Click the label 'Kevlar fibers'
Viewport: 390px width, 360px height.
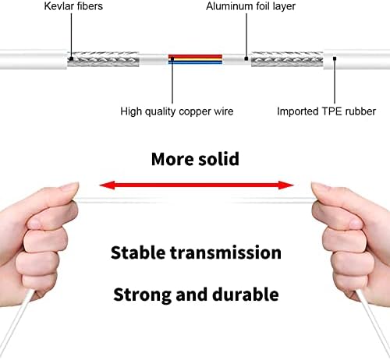tap(73, 6)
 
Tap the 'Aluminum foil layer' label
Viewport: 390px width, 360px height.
tap(250, 6)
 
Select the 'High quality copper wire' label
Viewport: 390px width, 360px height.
tap(177, 111)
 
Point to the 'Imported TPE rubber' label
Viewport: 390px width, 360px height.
tap(326, 111)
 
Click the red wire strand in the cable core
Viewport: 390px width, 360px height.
tap(195, 57)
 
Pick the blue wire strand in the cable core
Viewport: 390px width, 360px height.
tap(195, 63)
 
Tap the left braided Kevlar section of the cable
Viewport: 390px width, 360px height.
tap(103, 59)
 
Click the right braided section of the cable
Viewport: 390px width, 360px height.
tap(287, 59)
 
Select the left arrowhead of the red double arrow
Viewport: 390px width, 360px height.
tap(107, 185)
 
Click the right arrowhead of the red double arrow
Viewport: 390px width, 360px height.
tap(286, 185)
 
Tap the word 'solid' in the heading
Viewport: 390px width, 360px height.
tap(218, 159)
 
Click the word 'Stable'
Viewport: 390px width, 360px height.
tap(138, 252)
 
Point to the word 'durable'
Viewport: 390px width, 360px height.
tap(246, 295)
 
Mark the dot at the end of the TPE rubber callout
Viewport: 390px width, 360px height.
tap(335, 58)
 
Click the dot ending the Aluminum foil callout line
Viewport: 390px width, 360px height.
tap(246, 58)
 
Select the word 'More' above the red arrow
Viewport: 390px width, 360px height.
tap(172, 159)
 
